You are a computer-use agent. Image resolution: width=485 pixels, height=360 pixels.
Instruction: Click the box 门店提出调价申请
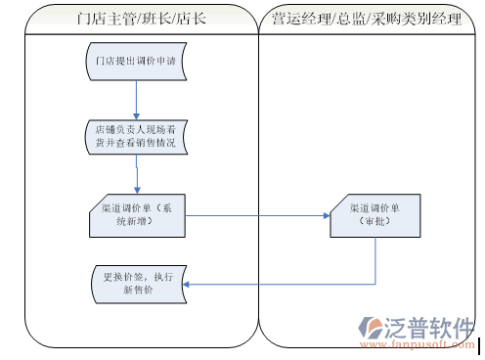(x=136, y=62)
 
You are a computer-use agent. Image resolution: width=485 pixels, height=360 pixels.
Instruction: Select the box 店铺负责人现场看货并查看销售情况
(x=136, y=136)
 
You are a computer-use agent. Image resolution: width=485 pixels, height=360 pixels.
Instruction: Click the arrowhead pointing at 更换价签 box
(x=189, y=285)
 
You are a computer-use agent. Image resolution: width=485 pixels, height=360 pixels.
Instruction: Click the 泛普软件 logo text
(x=430, y=327)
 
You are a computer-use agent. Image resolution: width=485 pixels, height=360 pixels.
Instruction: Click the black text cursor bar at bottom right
(x=480, y=343)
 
